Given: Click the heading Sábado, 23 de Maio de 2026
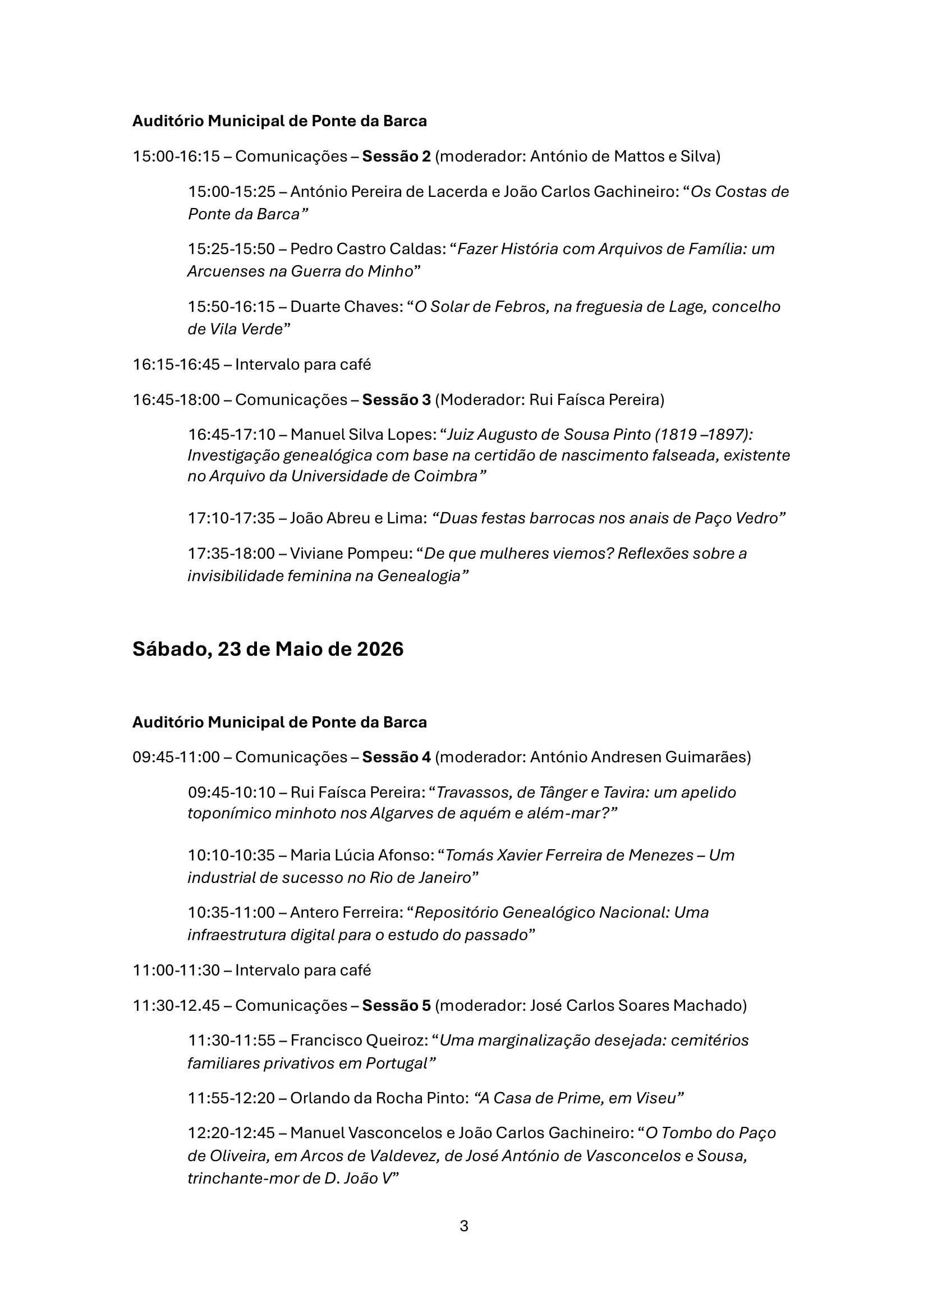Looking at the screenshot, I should [x=268, y=649].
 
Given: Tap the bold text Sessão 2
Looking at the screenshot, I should [x=396, y=156].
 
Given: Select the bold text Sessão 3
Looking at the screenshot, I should [x=396, y=399].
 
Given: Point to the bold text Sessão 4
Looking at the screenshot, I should [x=396, y=757].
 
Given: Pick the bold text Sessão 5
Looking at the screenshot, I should [x=396, y=1005].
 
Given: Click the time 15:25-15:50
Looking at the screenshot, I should [x=231, y=249].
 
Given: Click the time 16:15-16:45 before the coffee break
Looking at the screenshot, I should [x=176, y=365].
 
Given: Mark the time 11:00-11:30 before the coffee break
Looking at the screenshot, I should [x=176, y=970].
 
